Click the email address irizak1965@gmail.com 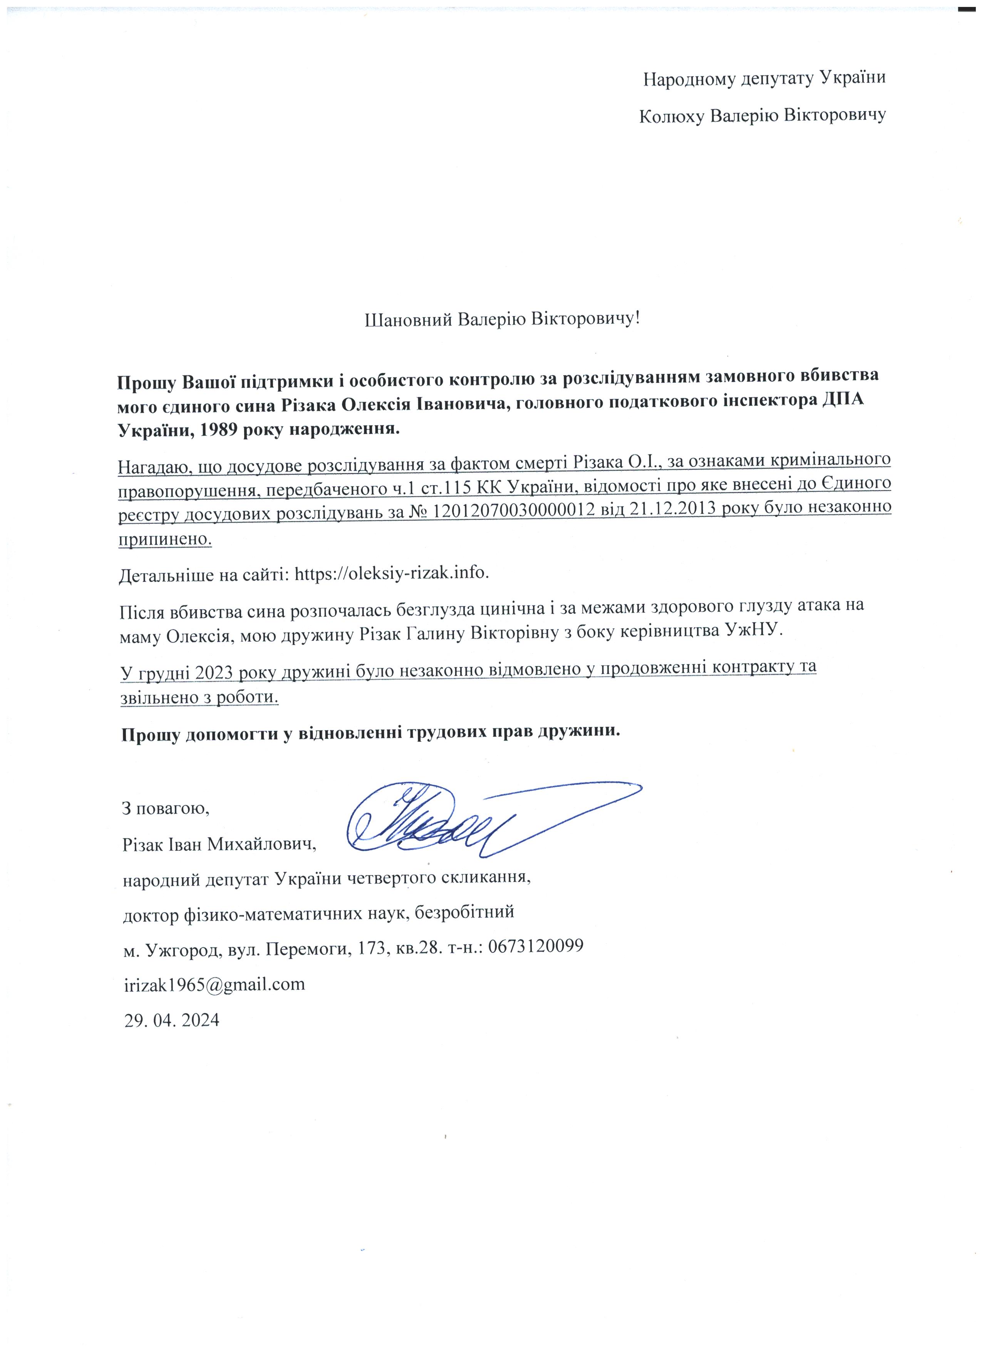pos(214,984)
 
